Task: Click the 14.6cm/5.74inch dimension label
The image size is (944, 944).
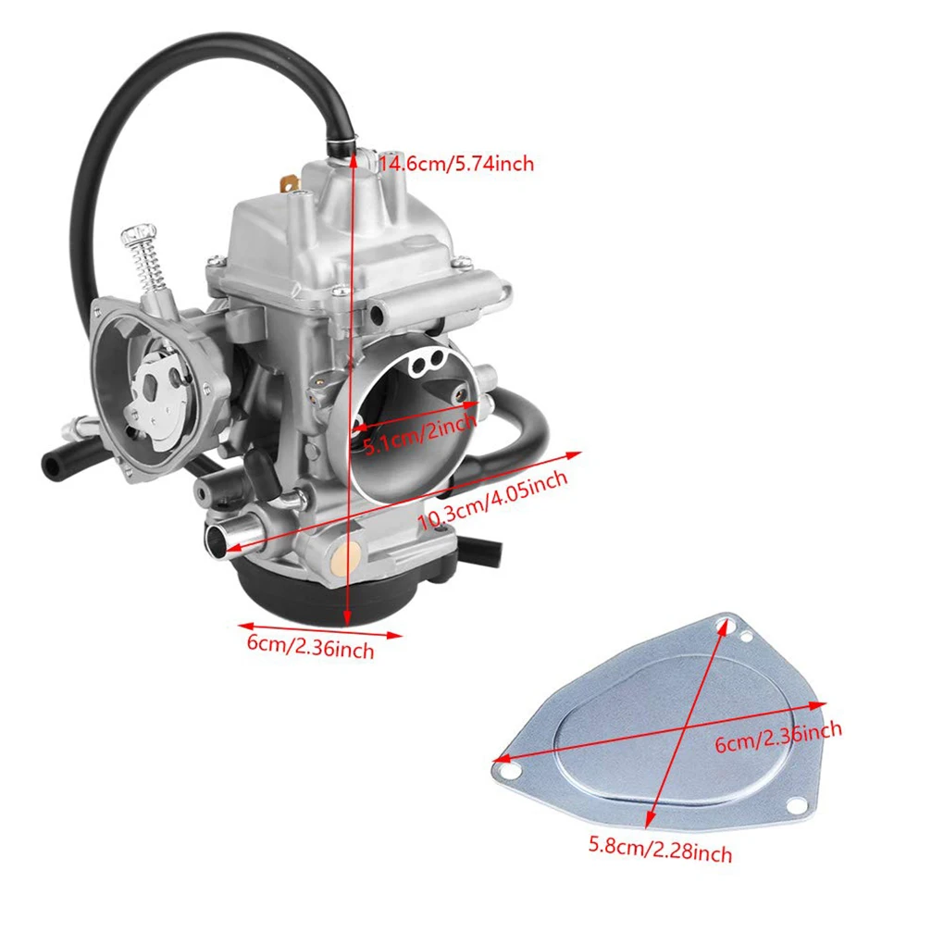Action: pyautogui.click(x=456, y=165)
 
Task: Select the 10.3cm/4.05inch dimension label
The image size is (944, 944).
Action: pyautogui.click(x=492, y=501)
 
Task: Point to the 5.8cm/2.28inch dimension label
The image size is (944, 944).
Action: pyautogui.click(x=660, y=848)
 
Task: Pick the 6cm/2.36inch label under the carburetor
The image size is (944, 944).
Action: pyautogui.click(x=310, y=645)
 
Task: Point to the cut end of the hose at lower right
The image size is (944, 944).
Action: pyautogui.click(x=491, y=553)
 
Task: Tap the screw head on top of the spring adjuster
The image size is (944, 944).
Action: pyautogui.click(x=140, y=230)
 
